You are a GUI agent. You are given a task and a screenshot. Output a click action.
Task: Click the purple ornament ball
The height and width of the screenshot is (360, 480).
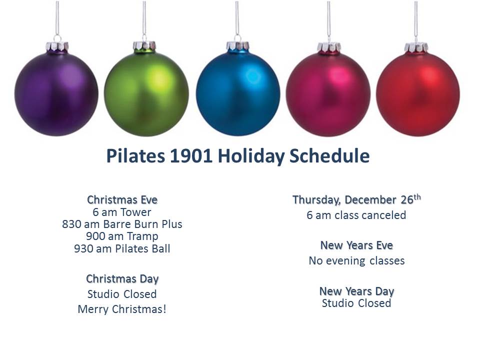click(x=56, y=93)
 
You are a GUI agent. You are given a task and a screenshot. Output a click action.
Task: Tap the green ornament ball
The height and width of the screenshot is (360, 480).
click(x=146, y=93)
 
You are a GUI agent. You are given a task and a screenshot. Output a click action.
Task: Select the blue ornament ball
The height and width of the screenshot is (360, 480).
click(x=238, y=93)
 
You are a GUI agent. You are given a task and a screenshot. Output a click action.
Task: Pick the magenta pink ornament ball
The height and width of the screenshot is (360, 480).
click(x=328, y=94)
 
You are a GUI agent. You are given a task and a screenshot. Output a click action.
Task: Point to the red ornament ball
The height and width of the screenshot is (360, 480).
click(x=418, y=94)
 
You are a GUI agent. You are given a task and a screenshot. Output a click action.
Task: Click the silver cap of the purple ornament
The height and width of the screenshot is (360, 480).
click(x=57, y=47)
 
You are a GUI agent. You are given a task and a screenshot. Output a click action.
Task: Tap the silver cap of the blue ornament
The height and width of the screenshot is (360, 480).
click(x=237, y=46)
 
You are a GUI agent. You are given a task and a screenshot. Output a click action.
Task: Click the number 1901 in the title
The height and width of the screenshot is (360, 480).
click(x=191, y=155)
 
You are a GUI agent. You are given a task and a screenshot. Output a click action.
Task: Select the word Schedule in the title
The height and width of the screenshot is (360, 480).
click(x=329, y=155)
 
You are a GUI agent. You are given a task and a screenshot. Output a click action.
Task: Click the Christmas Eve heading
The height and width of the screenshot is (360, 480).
click(x=122, y=199)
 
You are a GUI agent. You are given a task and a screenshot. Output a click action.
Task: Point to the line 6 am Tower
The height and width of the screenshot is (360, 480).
click(x=122, y=212)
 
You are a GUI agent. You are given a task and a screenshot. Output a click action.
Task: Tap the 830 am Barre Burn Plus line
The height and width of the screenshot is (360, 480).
click(x=122, y=224)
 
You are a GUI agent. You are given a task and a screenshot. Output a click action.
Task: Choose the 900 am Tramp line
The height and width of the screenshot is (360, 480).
click(x=122, y=236)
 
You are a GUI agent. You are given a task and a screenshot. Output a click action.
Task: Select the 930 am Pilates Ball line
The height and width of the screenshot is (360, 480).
click(x=122, y=248)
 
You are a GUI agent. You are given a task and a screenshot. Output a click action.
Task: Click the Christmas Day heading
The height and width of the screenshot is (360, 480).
click(x=122, y=279)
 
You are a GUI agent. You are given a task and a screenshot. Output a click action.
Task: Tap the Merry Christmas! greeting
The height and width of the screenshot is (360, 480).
click(x=122, y=309)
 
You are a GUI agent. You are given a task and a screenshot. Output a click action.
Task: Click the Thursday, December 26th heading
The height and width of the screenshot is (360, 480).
click(x=356, y=199)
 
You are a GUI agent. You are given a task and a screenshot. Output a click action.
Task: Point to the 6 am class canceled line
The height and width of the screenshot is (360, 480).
click(x=356, y=215)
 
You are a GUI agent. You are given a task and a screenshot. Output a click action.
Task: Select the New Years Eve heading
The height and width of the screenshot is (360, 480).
click(x=356, y=245)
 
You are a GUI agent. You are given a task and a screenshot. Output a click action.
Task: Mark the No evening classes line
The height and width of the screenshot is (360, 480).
click(x=356, y=260)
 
